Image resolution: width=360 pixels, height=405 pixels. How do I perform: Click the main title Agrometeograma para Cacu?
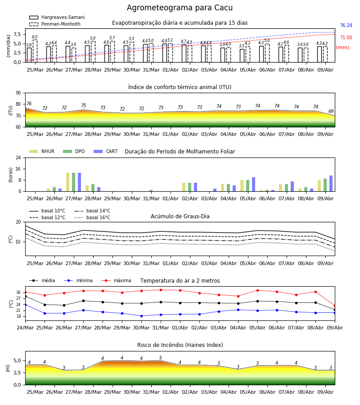click(180, 8)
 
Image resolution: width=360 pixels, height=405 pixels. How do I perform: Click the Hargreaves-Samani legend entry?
click(57, 17)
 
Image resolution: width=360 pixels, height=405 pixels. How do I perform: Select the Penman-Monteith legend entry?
click(55, 24)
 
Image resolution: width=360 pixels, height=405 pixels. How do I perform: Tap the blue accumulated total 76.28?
click(346, 25)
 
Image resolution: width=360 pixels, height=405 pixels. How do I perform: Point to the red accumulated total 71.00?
click(346, 37)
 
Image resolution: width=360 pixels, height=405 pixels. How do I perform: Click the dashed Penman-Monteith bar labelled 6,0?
click(35, 51)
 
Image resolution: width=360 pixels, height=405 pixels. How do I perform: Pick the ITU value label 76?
click(29, 103)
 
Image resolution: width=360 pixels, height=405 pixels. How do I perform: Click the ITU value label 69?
click(331, 111)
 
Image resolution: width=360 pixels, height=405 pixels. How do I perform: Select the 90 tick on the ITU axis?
click(18, 93)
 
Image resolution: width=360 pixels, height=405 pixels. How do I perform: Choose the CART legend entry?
click(105, 151)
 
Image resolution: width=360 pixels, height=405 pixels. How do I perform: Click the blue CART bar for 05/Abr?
click(254, 184)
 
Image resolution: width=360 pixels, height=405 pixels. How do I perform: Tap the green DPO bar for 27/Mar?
click(74, 182)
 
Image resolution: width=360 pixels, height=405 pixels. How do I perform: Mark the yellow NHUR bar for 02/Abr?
click(184, 187)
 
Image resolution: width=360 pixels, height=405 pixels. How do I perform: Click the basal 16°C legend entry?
click(92, 217)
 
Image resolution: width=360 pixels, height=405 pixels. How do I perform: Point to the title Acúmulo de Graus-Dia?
click(180, 216)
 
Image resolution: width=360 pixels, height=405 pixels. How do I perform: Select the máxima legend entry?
click(116, 280)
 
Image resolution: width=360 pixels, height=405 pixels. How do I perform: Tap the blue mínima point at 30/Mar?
click(141, 316)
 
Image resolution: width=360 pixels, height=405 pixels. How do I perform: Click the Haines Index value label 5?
click(161, 358)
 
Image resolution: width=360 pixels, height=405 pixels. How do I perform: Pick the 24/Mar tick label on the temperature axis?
click(25, 328)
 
